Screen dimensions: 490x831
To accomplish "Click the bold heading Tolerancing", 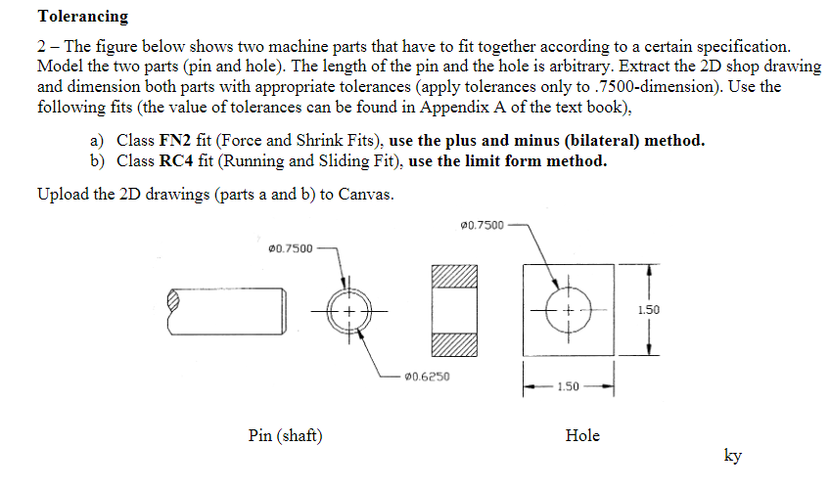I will click(x=82, y=17).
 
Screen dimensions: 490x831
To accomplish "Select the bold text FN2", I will click(x=161, y=140).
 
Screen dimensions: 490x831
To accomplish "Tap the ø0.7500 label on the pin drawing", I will click(x=291, y=248).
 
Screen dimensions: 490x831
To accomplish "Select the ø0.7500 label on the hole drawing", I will click(x=482, y=226).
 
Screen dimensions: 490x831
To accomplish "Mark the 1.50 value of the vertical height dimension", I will click(x=647, y=310).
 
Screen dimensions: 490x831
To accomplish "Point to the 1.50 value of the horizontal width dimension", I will click(x=569, y=387).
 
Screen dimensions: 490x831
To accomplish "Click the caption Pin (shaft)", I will click(x=286, y=435).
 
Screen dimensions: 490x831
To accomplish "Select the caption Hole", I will click(x=582, y=435).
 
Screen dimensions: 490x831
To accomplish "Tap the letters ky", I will click(x=732, y=455).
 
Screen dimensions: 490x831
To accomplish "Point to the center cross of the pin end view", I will click(x=351, y=310).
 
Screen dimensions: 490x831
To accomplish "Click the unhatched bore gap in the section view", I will click(x=452, y=310).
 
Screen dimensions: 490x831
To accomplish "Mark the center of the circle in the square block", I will click(x=569, y=310).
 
